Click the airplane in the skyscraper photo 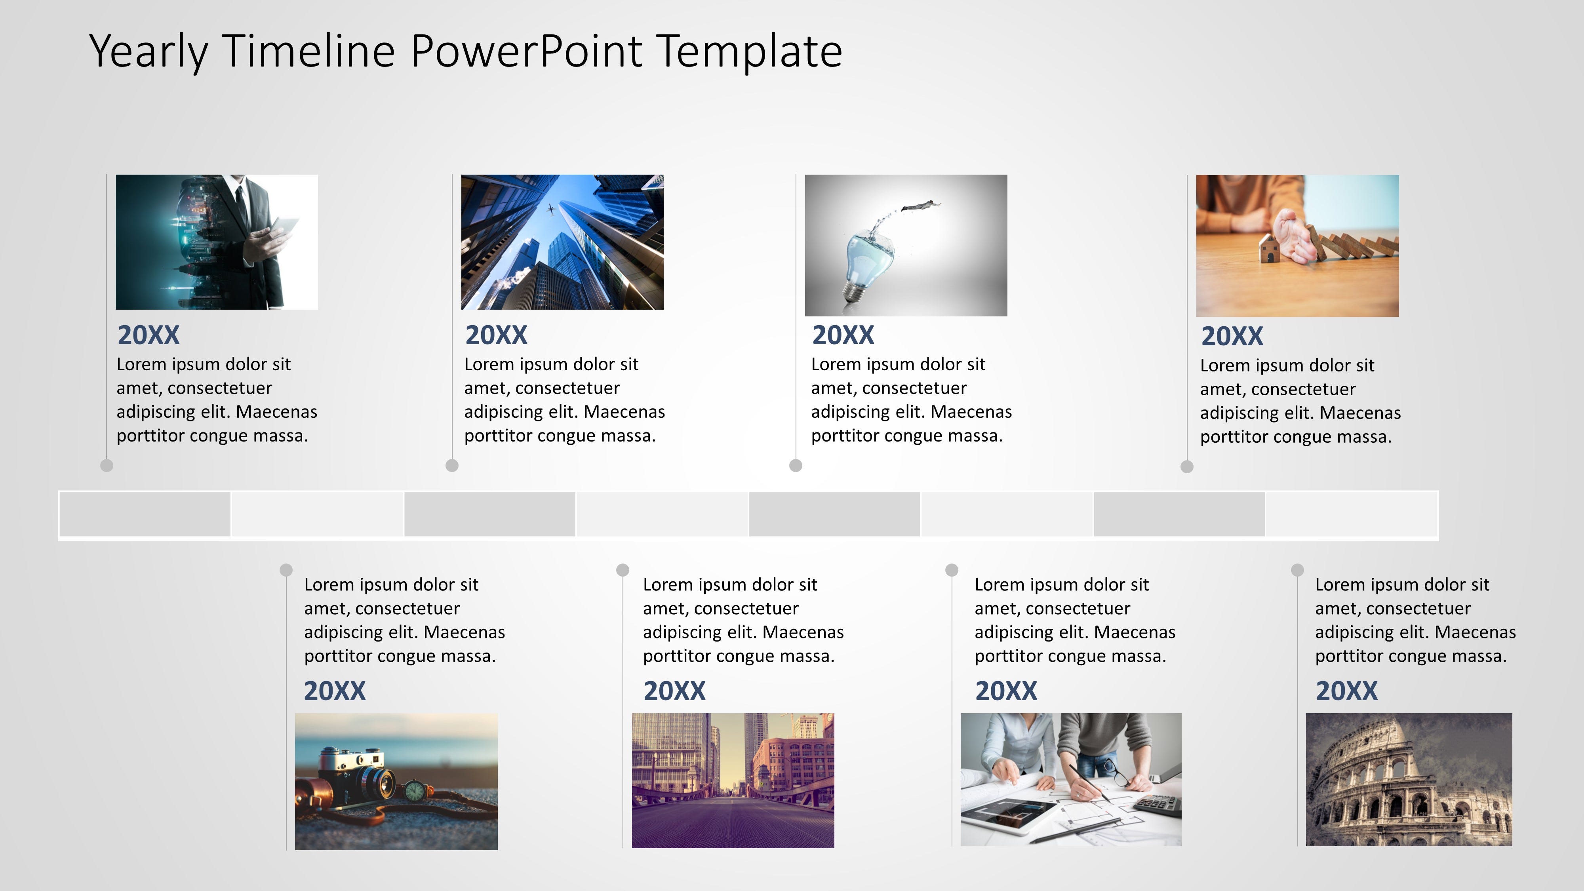551,210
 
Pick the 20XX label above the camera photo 335,691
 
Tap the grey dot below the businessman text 107,465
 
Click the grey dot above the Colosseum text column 1297,570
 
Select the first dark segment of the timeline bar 145,514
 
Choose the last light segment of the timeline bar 1352,514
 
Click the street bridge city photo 733,780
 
